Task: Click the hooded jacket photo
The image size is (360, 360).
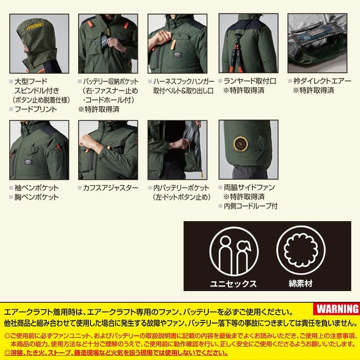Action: click(x=40, y=43)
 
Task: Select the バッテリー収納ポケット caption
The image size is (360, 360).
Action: click(x=110, y=81)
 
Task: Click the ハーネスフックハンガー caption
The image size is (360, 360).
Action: click(x=183, y=81)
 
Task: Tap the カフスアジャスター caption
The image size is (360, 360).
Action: click(x=111, y=188)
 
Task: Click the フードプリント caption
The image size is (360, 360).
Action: click(x=35, y=109)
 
